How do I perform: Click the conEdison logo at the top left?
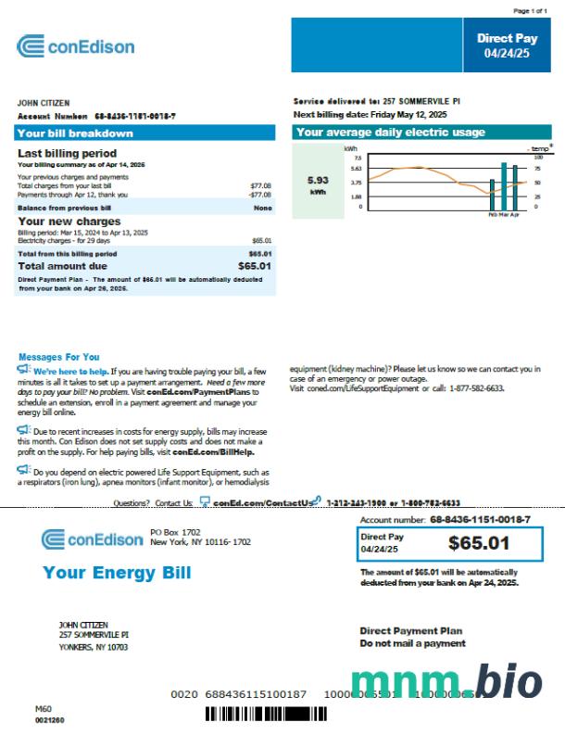76,46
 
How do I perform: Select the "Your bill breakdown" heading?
75,133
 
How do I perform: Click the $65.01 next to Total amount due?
253,266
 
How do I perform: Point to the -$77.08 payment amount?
259,196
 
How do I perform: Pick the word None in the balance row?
262,209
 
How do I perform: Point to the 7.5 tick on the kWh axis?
357,158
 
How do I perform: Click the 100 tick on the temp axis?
537,158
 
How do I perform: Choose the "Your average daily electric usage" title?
390,133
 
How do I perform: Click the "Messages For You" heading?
58,357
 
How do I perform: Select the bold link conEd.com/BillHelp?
218,452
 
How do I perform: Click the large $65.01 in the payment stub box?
479,543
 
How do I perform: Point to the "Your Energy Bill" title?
117,572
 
